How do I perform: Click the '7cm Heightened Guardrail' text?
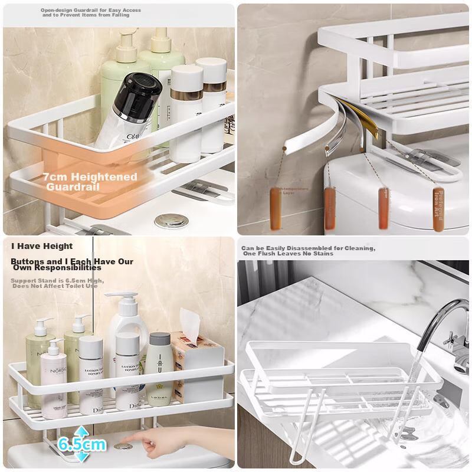click(x=90, y=181)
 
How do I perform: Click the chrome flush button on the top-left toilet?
click(x=171, y=221)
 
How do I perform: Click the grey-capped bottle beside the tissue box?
click(x=159, y=366)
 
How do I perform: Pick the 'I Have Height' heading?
click(x=42, y=246)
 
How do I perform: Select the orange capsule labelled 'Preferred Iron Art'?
click(x=438, y=208)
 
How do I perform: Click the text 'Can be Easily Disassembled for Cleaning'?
click(x=308, y=248)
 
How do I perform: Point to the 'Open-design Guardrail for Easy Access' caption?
click(x=91, y=10)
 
